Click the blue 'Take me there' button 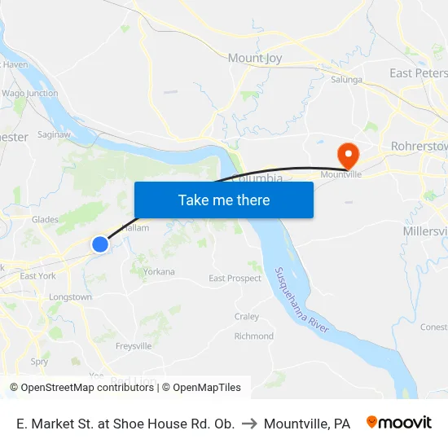pyautogui.click(x=224, y=200)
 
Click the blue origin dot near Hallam pyautogui.click(x=100, y=244)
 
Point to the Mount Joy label pyautogui.click(x=256, y=58)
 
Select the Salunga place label pyautogui.click(x=346, y=80)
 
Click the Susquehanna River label pyautogui.click(x=301, y=299)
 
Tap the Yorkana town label pyautogui.click(x=159, y=271)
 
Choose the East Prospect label pyautogui.click(x=235, y=279)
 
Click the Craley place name pyautogui.click(x=247, y=316)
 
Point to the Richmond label pyautogui.click(x=253, y=336)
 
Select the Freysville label pyautogui.click(x=134, y=346)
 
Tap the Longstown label pyautogui.click(x=70, y=297)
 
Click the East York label pyautogui.click(x=38, y=276)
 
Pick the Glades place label pyautogui.click(x=45, y=219)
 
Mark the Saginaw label pyautogui.click(x=54, y=134)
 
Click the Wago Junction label pyautogui.click(x=29, y=94)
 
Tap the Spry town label pyautogui.click(x=39, y=362)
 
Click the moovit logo pyautogui.click(x=399, y=423)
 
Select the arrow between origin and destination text pyautogui.click(x=249, y=424)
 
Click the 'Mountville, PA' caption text pyautogui.click(x=307, y=424)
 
